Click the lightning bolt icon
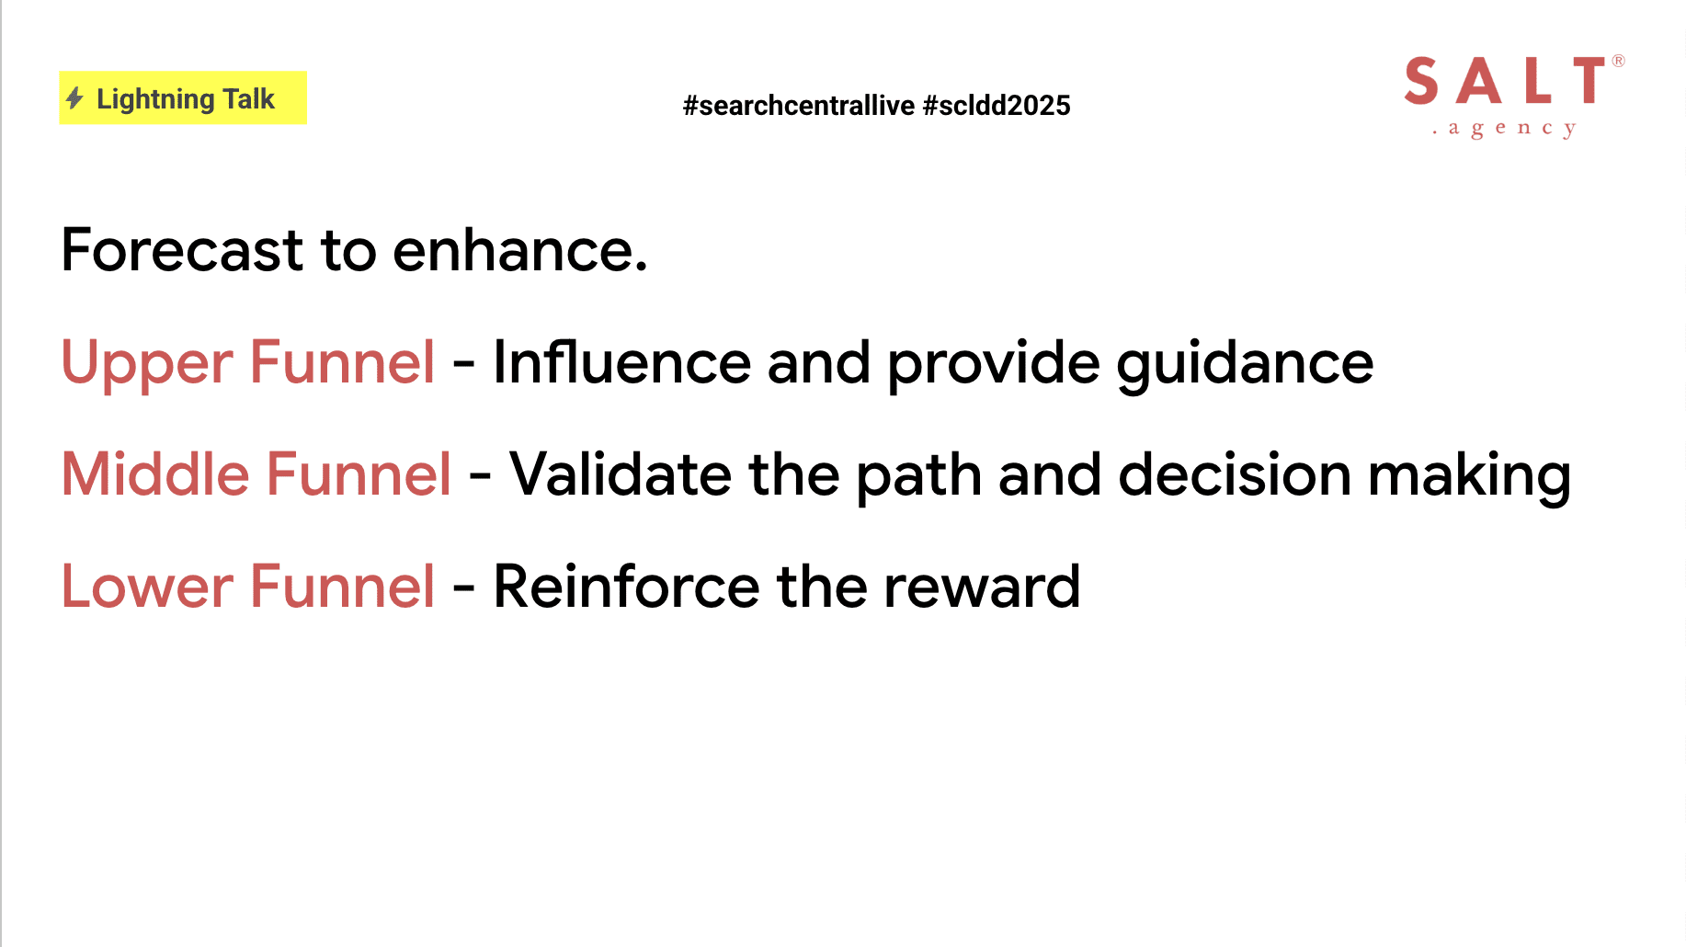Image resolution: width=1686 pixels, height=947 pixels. click(x=75, y=98)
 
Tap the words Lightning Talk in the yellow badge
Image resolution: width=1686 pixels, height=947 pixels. click(x=186, y=99)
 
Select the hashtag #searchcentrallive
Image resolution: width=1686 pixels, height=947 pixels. click(x=799, y=106)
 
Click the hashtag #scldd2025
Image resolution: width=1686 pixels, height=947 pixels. click(x=997, y=106)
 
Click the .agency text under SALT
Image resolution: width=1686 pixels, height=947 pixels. click(x=1504, y=129)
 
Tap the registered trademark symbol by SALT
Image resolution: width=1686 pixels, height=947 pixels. click(x=1618, y=61)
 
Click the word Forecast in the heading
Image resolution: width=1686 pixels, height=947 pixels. click(x=182, y=250)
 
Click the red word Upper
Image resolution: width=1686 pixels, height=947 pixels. click(x=147, y=363)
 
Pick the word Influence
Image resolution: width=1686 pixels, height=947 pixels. click(x=622, y=362)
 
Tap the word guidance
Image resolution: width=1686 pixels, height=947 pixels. click(x=1245, y=364)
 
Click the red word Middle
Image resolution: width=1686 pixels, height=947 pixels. click(x=155, y=474)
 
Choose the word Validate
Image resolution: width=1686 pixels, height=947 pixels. click(x=621, y=474)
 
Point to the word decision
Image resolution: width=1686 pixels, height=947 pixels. click(x=1235, y=474)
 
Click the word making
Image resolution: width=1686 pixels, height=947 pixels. click(x=1469, y=476)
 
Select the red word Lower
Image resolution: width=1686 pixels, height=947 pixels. click(x=147, y=587)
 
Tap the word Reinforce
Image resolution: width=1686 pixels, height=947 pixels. click(x=627, y=587)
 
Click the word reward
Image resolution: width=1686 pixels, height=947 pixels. click(x=982, y=587)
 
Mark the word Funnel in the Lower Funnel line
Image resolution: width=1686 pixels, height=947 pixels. click(x=342, y=587)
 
